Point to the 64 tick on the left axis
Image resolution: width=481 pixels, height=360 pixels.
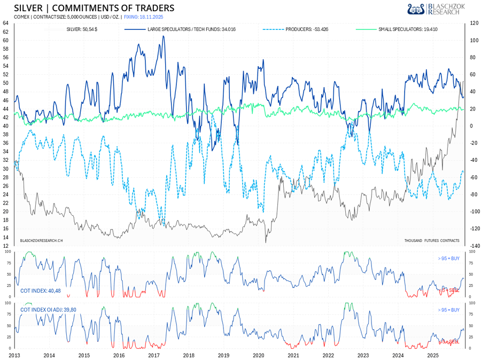click(x=5, y=24)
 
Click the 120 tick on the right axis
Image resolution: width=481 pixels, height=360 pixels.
click(x=474, y=24)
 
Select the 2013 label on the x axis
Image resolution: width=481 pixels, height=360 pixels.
click(x=14, y=355)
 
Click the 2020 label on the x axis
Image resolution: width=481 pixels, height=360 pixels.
click(x=258, y=355)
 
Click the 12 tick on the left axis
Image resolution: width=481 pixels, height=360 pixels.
click(x=5, y=246)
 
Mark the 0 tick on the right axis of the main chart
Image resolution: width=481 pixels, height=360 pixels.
click(x=471, y=126)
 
